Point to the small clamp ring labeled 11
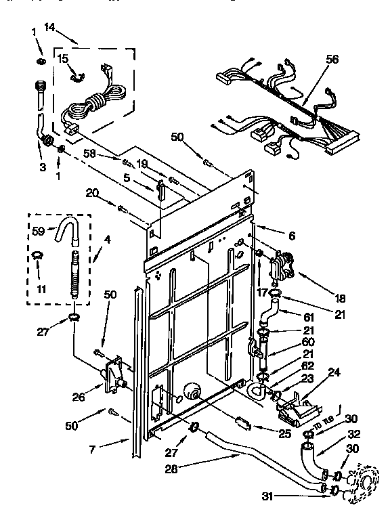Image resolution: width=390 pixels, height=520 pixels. (38, 255)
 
